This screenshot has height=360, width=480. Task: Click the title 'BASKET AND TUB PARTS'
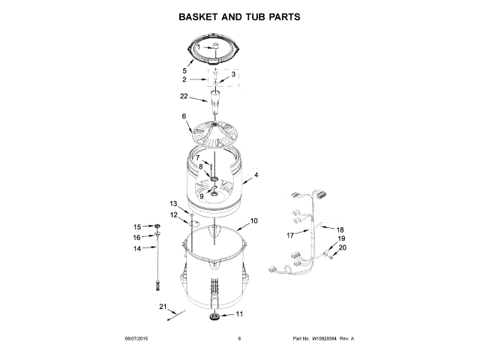239,16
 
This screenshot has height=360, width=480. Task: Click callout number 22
184,96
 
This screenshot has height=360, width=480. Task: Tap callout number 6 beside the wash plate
183,116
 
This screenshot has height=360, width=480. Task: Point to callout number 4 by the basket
256,175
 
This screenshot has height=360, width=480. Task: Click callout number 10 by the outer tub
253,221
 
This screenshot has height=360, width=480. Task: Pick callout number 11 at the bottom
240,314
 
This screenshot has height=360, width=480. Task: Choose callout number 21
162,305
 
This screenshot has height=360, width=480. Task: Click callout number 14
137,248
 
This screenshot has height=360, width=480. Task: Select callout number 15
137,226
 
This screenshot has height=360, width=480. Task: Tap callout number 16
137,237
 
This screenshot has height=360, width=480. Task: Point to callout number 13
173,203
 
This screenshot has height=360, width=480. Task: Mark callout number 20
343,247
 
